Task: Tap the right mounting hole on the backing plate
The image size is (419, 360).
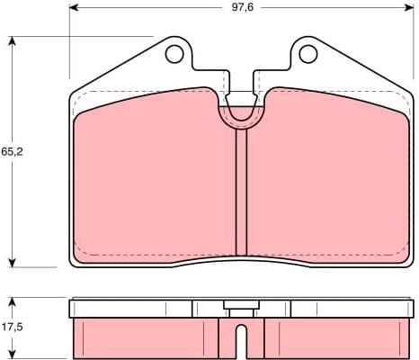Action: point(308,56)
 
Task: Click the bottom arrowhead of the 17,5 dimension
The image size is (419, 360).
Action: point(13,356)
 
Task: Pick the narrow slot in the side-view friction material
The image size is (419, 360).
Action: point(240,342)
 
